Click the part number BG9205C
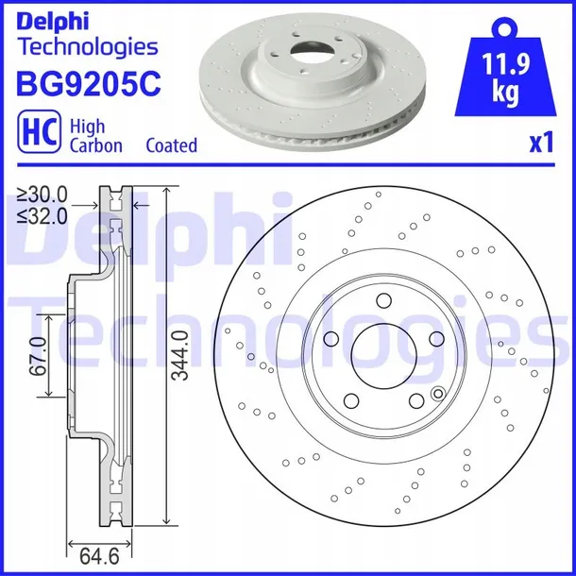pyautogui.click(x=89, y=83)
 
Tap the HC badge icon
pyautogui.click(x=39, y=131)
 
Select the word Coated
pyautogui.click(x=172, y=145)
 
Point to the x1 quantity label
pyautogui.click(x=541, y=143)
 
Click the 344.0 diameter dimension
pyautogui.click(x=180, y=355)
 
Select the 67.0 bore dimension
pyautogui.click(x=38, y=356)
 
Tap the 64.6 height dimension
pyautogui.click(x=99, y=556)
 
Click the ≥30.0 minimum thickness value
pyautogui.click(x=42, y=195)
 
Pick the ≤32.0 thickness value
pyautogui.click(x=42, y=216)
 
